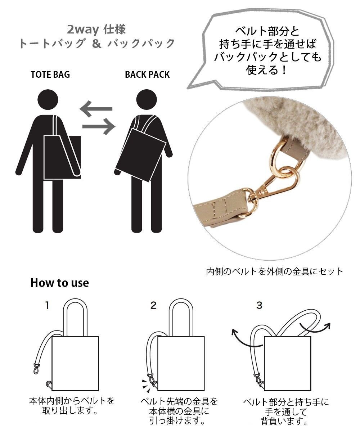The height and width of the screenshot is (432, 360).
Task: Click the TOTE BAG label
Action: [x=50, y=75]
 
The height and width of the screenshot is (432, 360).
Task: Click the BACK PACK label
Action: [x=147, y=75]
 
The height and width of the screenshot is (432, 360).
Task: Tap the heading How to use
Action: [x=59, y=283]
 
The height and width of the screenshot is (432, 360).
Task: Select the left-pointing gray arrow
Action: [x=96, y=108]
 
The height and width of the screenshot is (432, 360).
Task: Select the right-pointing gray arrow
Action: [x=98, y=126]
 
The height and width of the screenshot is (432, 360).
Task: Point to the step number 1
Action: [x=46, y=306]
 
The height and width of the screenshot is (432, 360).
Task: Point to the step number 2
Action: [x=153, y=306]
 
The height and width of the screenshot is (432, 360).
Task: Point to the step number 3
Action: [x=259, y=306]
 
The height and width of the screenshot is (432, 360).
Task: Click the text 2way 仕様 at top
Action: [x=96, y=29]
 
